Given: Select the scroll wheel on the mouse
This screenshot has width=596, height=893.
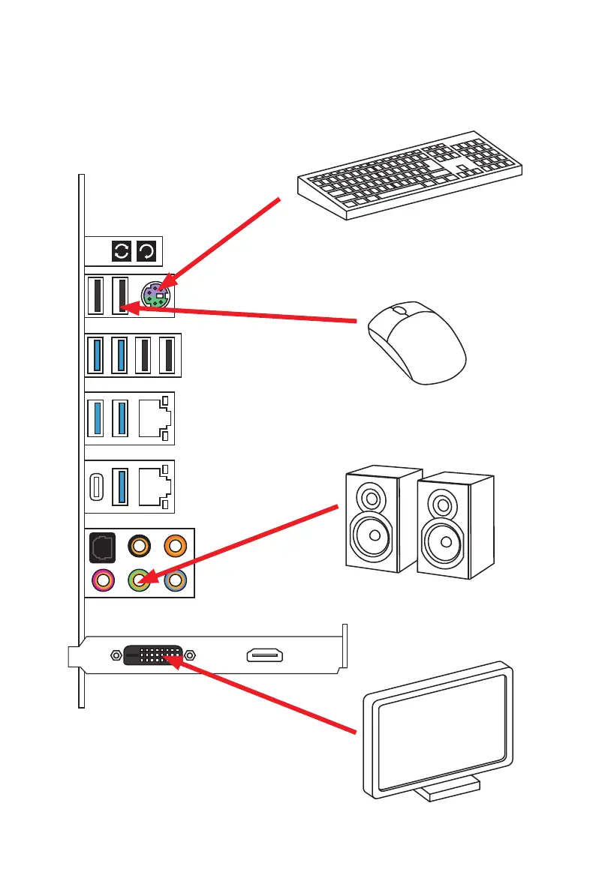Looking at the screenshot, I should (399, 310).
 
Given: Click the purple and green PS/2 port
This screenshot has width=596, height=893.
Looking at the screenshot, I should (156, 295).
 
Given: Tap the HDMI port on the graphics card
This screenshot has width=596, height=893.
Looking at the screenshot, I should (264, 656).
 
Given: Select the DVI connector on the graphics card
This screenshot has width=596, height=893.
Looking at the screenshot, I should (151, 655).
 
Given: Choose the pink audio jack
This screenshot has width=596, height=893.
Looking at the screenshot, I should (103, 580).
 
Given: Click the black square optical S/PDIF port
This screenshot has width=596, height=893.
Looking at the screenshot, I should (102, 545).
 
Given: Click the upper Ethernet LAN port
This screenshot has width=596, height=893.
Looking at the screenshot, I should (154, 418).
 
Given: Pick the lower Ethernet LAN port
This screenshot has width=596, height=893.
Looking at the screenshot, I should (154, 486).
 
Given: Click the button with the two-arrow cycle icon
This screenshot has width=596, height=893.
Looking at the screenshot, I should (121, 251).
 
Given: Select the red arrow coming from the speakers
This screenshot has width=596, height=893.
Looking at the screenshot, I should (240, 544).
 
